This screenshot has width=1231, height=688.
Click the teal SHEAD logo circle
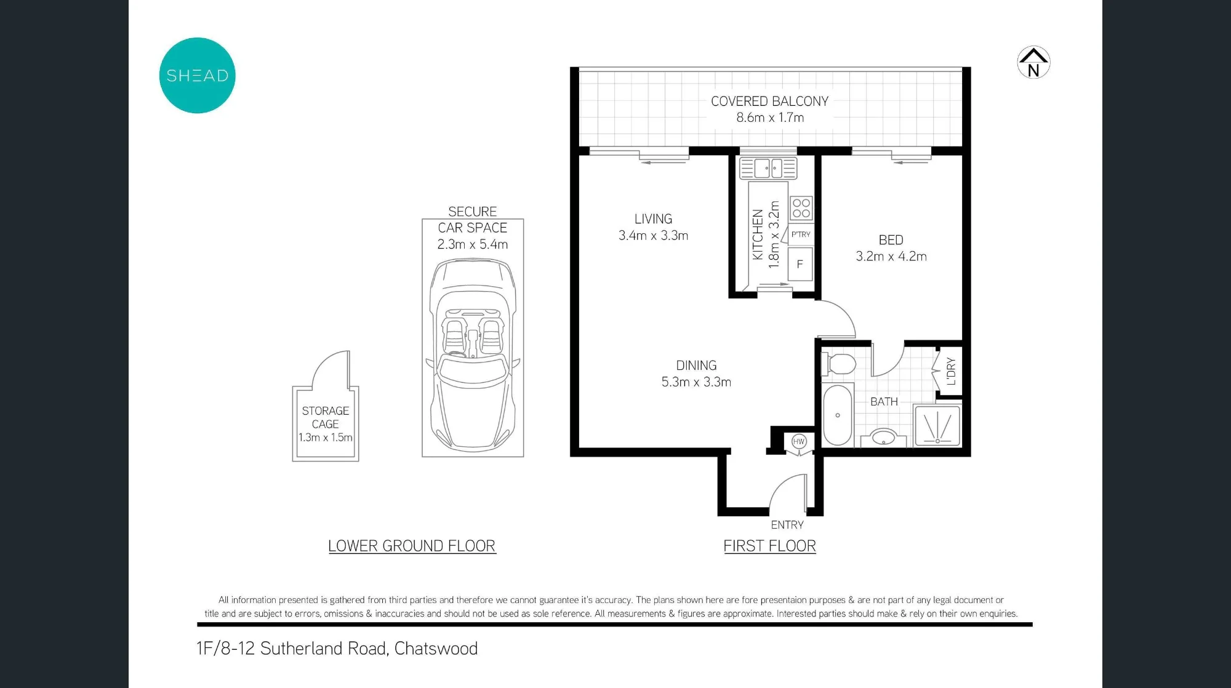pyautogui.click(x=197, y=76)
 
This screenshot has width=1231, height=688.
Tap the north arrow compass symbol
pyautogui.click(x=1033, y=63)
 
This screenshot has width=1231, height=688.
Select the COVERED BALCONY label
pyautogui.click(x=769, y=102)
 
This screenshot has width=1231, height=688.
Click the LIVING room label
pyautogui.click(x=653, y=219)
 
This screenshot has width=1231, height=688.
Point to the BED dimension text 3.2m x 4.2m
pyautogui.click(x=891, y=257)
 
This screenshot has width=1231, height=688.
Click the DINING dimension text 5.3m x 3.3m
pyautogui.click(x=696, y=382)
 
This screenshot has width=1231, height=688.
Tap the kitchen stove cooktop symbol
pyautogui.click(x=801, y=208)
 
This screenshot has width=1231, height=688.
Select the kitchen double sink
pyautogui.click(x=768, y=168)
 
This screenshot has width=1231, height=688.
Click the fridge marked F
pyautogui.click(x=800, y=264)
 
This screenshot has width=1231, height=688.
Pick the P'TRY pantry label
pyautogui.click(x=801, y=234)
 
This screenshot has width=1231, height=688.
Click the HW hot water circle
pyautogui.click(x=799, y=441)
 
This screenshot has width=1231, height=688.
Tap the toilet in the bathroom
pyautogui.click(x=838, y=364)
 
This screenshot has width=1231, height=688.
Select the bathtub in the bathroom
pyautogui.click(x=838, y=415)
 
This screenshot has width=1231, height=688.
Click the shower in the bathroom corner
pyautogui.click(x=937, y=425)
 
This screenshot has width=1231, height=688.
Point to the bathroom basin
pyautogui.click(x=884, y=436)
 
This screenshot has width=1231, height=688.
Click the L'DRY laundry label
pyautogui.click(x=951, y=371)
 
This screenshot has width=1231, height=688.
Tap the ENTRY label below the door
pyautogui.click(x=787, y=525)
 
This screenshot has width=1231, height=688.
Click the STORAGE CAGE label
pyautogui.click(x=325, y=417)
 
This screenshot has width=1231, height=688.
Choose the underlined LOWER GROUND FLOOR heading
pyautogui.click(x=412, y=546)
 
